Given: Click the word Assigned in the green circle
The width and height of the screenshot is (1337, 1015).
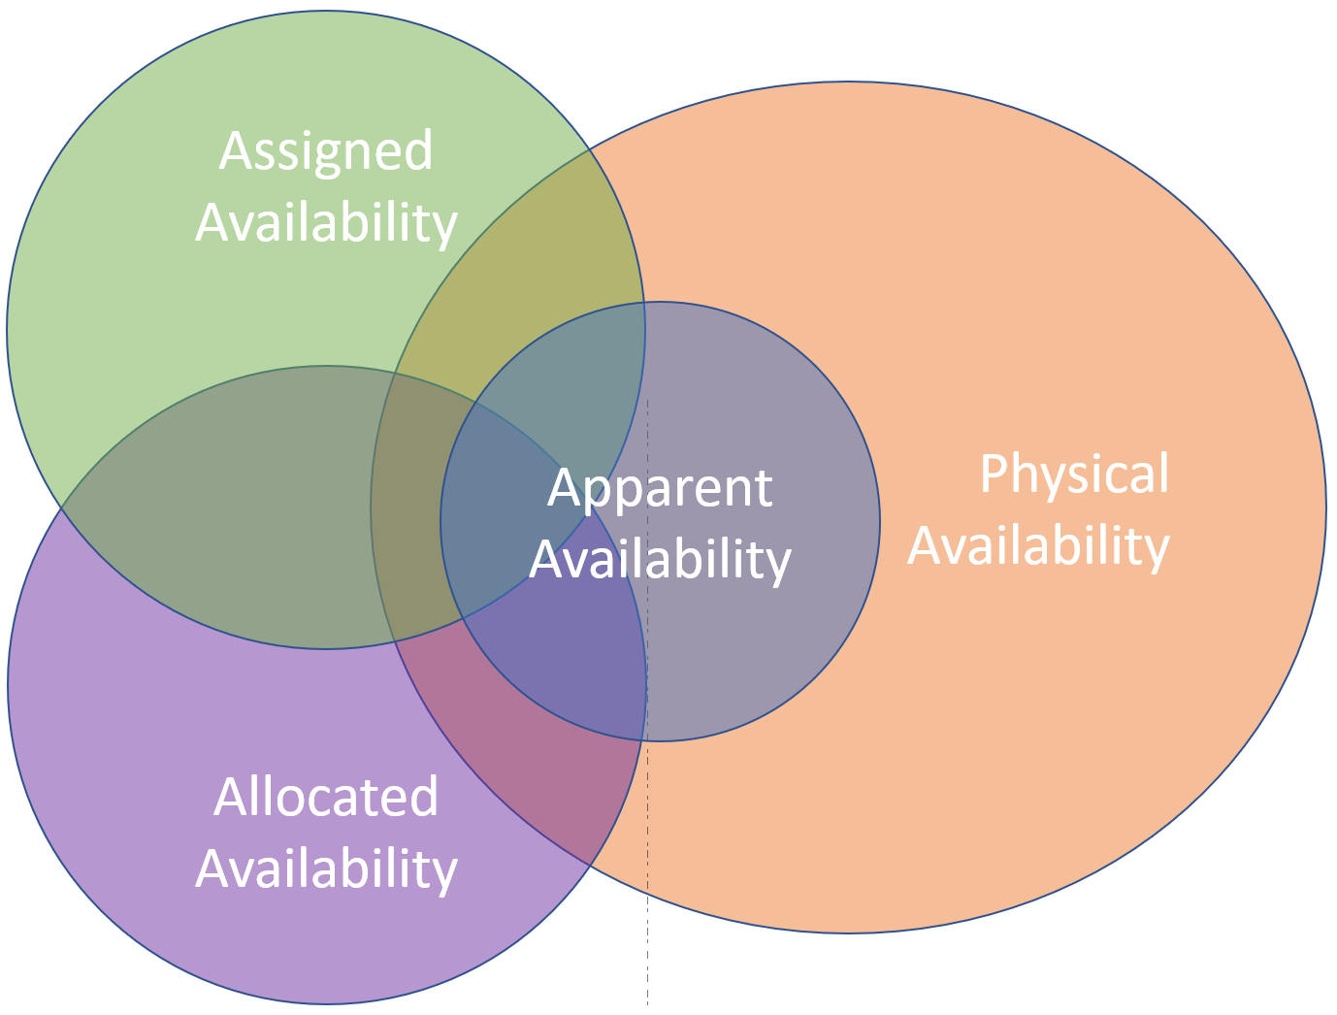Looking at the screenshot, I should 326,151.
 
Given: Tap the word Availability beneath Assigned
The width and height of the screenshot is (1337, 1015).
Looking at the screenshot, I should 326,222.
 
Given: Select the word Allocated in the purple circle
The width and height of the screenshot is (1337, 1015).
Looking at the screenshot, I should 326,797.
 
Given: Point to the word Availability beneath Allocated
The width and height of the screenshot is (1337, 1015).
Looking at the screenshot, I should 326,868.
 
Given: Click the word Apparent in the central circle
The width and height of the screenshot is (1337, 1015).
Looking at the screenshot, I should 660,487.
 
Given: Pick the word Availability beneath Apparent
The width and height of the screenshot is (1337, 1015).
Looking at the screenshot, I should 660,559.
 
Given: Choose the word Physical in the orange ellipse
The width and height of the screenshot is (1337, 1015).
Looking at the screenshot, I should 1074,474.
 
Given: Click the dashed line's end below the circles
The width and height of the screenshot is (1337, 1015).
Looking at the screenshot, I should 647,1004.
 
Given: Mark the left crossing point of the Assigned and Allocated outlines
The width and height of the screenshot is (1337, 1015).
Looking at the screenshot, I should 61,507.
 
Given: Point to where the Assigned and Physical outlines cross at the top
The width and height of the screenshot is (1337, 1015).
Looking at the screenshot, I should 590,149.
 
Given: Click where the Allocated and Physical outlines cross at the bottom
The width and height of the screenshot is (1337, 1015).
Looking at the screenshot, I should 590,866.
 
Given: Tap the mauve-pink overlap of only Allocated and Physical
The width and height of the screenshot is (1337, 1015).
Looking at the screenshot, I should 514,737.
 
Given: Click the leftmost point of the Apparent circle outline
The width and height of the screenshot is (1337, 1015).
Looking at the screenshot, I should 440,522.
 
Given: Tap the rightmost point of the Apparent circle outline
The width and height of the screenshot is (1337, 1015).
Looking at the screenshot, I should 880,522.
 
